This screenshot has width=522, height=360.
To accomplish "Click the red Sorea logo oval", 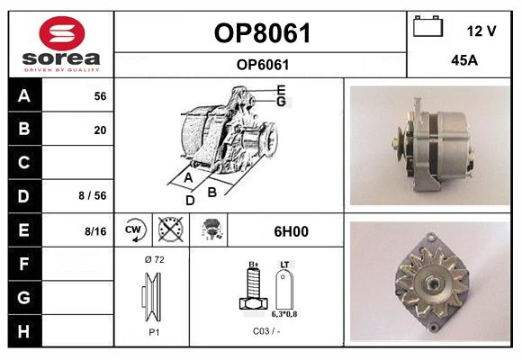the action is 62,33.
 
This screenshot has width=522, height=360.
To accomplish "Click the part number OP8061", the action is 262,33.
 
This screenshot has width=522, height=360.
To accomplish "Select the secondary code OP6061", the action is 263,65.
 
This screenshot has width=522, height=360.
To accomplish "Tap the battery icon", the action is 427,26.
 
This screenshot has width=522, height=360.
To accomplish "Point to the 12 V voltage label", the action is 481,31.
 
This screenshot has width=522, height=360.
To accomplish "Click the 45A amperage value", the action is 464,60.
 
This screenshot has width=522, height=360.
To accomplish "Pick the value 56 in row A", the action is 100,96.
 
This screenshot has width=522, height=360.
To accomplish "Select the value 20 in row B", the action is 100,130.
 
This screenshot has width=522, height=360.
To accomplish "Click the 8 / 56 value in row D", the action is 93,195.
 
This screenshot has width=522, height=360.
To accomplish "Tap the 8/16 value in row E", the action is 95,231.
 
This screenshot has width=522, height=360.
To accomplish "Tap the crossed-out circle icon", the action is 171,229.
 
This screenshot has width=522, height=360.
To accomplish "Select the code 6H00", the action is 291,231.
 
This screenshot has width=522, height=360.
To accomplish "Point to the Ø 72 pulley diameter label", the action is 155,259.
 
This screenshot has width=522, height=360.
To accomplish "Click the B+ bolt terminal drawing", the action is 253,288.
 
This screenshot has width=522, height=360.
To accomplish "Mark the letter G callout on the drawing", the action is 282,101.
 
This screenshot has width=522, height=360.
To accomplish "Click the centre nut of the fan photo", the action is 432,283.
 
